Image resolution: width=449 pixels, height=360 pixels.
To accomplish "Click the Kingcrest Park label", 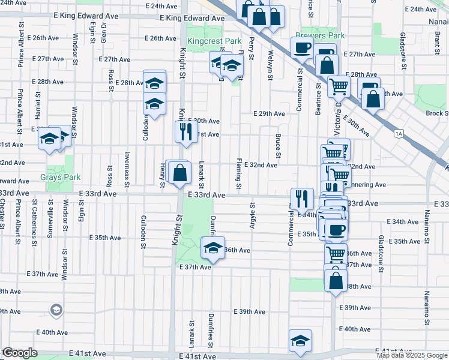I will click(x=214, y=41).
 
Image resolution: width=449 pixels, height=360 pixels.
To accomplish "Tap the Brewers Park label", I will click(x=319, y=35).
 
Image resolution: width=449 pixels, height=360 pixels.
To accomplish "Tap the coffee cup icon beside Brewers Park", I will click(x=302, y=47).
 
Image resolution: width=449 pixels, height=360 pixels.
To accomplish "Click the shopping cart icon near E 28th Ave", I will click(x=339, y=86).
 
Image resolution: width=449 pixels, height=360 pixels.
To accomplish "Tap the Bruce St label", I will click(x=278, y=145).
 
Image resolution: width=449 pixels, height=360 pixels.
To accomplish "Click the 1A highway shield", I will click(x=399, y=134).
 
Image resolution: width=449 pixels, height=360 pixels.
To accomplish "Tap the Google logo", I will click(x=19, y=353).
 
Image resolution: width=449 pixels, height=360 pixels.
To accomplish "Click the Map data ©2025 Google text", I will click(x=411, y=356).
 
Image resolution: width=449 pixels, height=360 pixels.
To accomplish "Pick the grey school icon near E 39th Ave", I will click(x=56, y=310).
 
